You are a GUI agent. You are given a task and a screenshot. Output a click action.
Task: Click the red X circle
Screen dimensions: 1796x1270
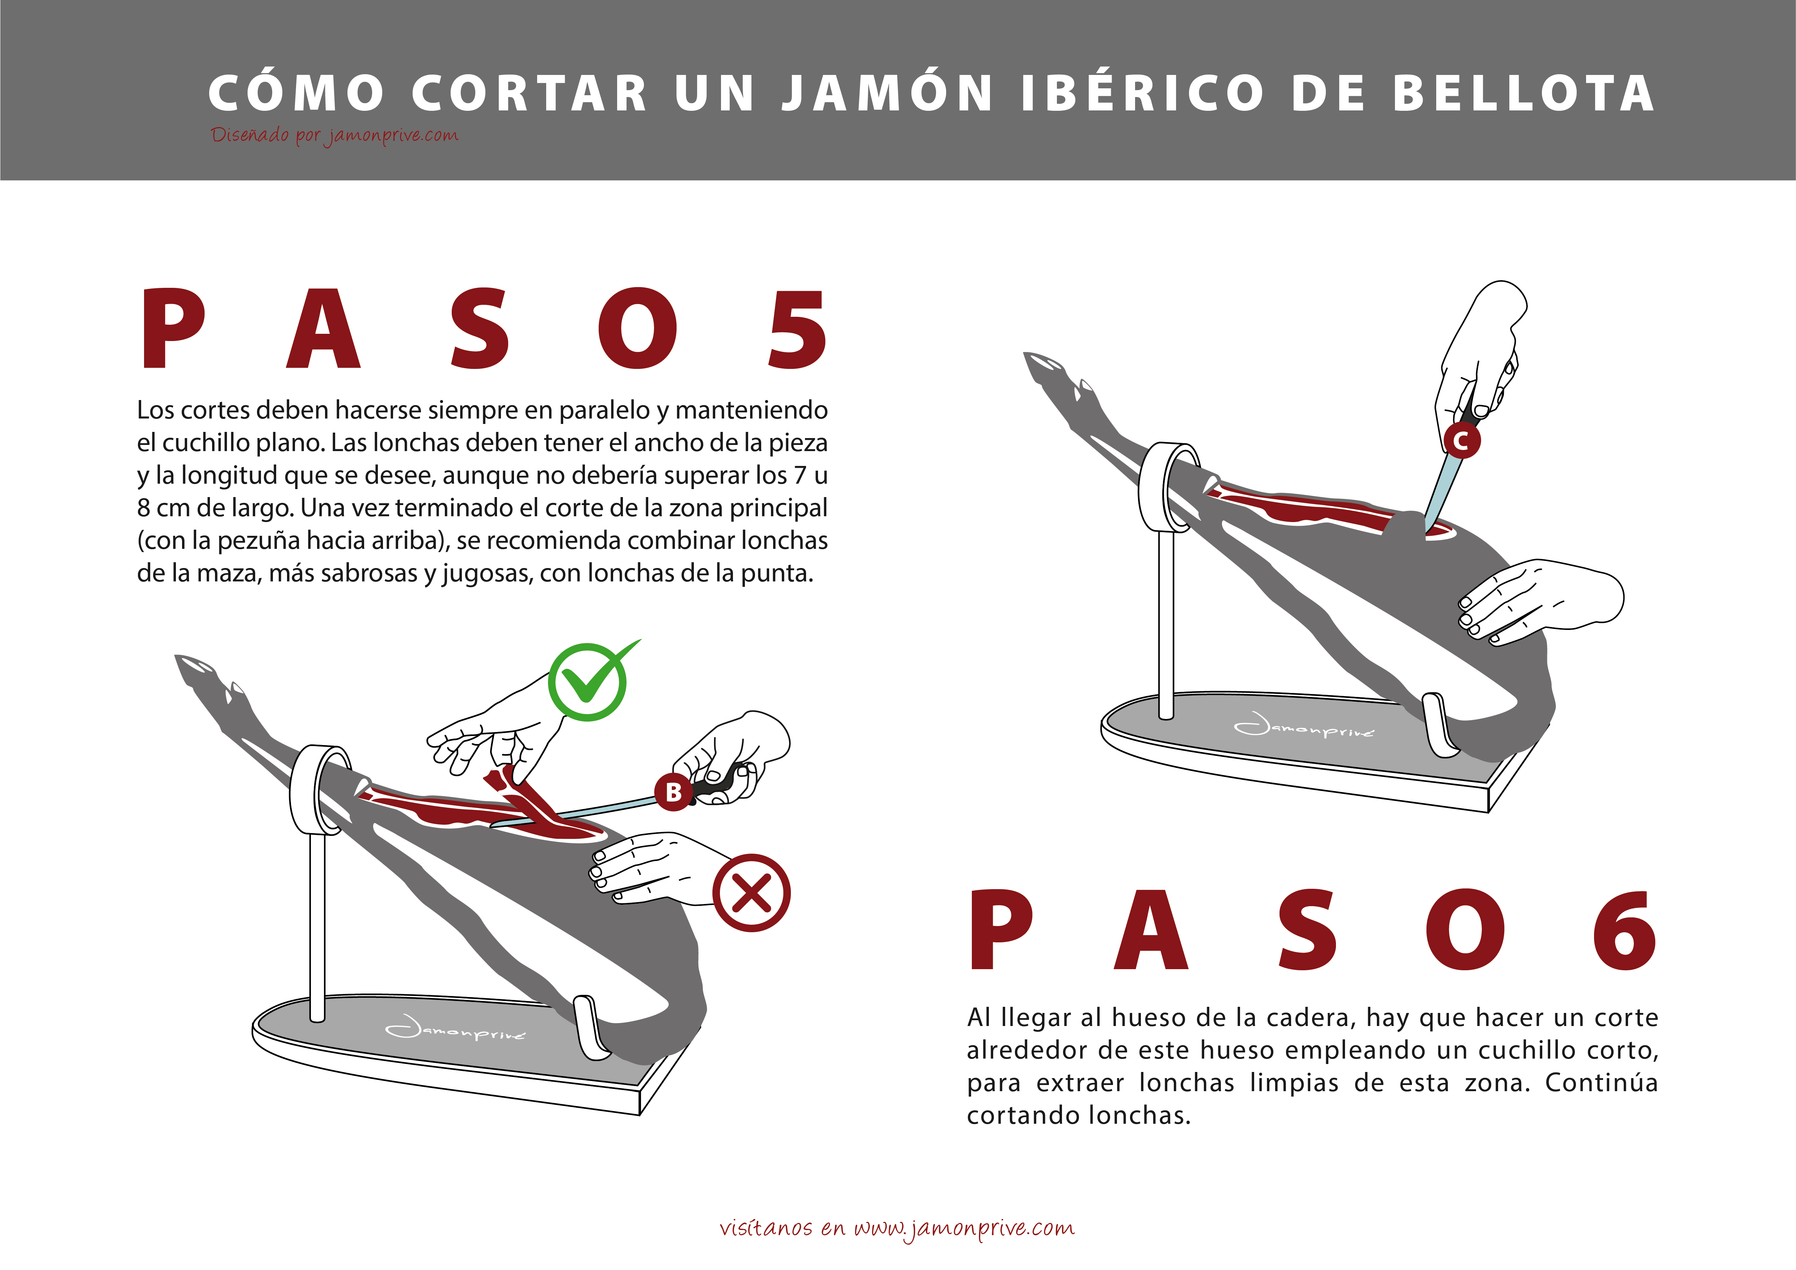click(x=751, y=893)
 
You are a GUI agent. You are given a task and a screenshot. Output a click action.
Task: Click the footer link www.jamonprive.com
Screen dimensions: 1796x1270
click(x=964, y=1228)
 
